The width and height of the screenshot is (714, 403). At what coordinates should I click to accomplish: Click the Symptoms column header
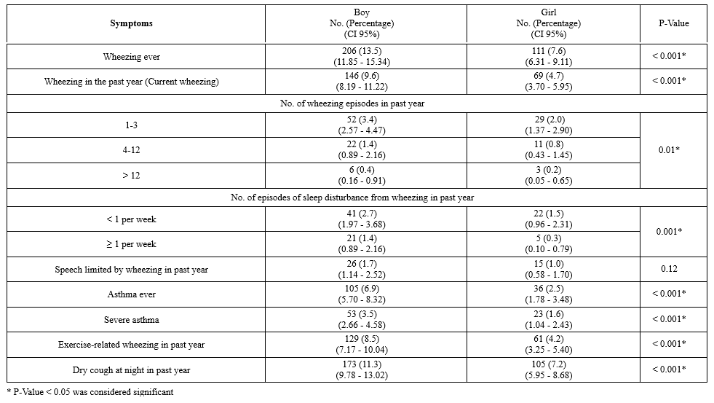pyautogui.click(x=132, y=23)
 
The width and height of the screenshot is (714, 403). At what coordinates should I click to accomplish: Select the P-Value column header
pyautogui.click(x=673, y=23)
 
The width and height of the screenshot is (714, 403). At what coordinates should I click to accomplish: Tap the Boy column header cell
pyautogui.click(x=362, y=23)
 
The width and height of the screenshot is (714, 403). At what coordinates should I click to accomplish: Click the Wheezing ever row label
pyautogui.click(x=132, y=56)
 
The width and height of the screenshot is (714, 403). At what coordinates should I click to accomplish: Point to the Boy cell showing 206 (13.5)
pyautogui.click(x=362, y=56)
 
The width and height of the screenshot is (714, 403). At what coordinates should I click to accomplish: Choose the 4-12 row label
pyautogui.click(x=132, y=150)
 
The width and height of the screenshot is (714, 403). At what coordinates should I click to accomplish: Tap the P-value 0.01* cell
pyautogui.click(x=673, y=150)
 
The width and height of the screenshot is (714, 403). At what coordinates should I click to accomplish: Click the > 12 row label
pyautogui.click(x=132, y=176)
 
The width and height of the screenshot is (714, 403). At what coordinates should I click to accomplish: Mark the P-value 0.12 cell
pyautogui.click(x=673, y=269)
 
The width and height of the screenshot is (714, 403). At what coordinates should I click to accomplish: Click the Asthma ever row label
pyautogui.click(x=132, y=294)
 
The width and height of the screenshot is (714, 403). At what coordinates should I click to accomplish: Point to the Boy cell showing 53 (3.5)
pyautogui.click(x=362, y=319)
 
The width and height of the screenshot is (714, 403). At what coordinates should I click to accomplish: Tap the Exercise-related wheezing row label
pyautogui.click(x=132, y=345)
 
